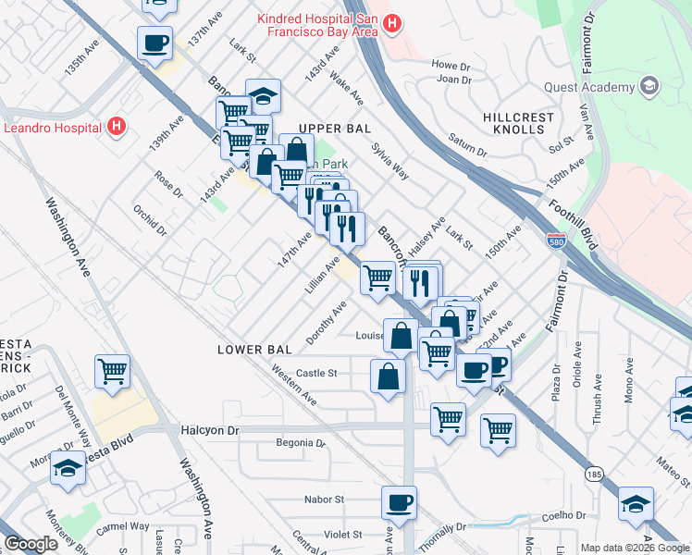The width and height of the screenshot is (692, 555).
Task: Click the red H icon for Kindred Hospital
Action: coord(392,23)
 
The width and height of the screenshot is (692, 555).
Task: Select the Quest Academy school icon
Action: coord(649,88)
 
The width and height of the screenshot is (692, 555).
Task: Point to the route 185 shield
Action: coord(593,474)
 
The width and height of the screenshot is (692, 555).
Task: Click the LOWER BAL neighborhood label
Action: coord(254,350)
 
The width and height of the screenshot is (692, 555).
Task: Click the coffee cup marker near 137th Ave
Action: coord(154,43)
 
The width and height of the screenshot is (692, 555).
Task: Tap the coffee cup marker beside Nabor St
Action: coord(399,503)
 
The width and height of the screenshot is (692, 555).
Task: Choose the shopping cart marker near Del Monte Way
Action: coord(112,371)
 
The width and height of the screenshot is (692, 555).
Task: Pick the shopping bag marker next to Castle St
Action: coord(388,376)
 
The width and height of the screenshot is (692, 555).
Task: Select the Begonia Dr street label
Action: coord(302,443)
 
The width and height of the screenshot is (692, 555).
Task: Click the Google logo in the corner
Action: coord(31,543)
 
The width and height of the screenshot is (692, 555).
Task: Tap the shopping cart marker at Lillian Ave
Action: coord(377,277)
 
